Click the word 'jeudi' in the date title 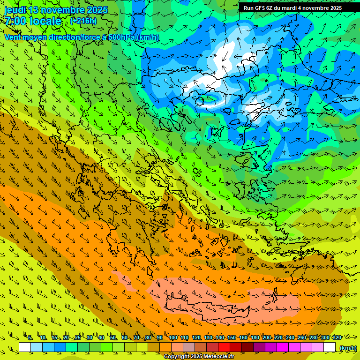pyautogui.click(x=15, y=10)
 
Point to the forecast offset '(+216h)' pyautogui.click(x=83, y=21)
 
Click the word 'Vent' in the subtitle pyautogui.click(x=14, y=37)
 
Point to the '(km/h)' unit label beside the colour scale pyautogui.click(x=347, y=348)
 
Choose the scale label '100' pyautogui.click(x=173, y=338)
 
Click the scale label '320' pyautogui.click(x=336, y=338)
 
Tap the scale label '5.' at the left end pyautogui.click(x=30, y=338)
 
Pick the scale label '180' pyautogui.click(x=255, y=338)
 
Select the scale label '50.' pyautogui.click(x=113, y=338)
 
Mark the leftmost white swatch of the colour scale pyautogui.click(x=25, y=347)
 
